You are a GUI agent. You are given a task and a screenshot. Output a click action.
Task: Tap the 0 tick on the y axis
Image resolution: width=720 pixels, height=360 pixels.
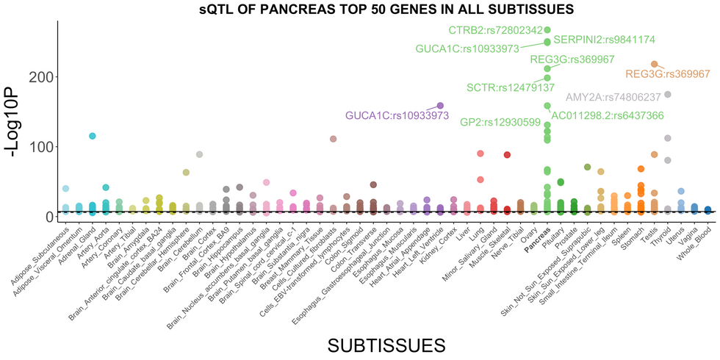tap(48, 216)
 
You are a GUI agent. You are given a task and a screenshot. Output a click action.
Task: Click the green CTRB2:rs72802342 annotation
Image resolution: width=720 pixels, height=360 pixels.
tap(495, 30)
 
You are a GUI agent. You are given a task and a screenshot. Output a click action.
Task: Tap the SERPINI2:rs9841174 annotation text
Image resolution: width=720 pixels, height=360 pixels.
tap(604, 39)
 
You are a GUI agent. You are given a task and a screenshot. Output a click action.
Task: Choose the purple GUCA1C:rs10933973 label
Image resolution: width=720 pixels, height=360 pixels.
tap(397, 115)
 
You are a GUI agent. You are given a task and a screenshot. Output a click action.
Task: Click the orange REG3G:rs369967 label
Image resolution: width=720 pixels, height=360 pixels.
tap(668, 74)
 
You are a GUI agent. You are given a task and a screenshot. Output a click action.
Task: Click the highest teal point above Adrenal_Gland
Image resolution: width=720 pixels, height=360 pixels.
tap(93, 136)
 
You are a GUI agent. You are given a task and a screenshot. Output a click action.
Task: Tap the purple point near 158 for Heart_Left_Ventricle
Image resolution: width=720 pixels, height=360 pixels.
tap(440, 106)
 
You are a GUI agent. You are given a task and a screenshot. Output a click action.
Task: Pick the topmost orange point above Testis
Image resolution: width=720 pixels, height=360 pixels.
tap(654, 65)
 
